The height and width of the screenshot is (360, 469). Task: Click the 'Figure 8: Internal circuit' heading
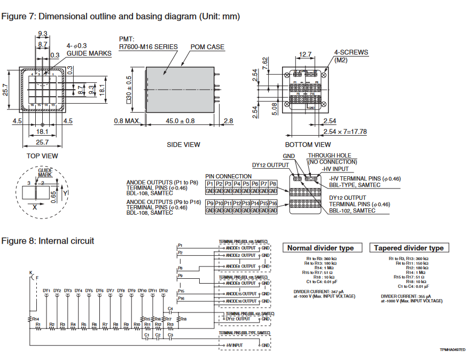(x=48, y=241)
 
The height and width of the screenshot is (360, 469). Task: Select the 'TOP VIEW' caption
(x=42, y=156)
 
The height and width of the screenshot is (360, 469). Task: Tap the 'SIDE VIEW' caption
(x=184, y=144)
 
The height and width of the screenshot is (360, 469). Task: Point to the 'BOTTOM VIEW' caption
(x=308, y=144)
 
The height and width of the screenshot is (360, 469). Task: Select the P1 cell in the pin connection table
(x=210, y=183)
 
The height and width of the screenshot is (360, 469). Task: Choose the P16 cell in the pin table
(x=272, y=204)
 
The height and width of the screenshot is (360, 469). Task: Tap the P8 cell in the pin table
(x=272, y=183)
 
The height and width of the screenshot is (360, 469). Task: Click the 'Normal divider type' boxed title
(x=321, y=248)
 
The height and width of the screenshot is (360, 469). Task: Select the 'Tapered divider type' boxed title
(x=409, y=248)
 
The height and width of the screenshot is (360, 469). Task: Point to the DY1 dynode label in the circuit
(x=46, y=291)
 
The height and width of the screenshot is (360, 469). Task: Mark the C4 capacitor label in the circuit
(x=170, y=308)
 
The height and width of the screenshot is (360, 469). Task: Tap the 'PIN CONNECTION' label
(x=228, y=176)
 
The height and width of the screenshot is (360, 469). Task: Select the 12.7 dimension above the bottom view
(x=305, y=54)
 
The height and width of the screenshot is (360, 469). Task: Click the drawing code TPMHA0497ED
(x=452, y=349)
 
